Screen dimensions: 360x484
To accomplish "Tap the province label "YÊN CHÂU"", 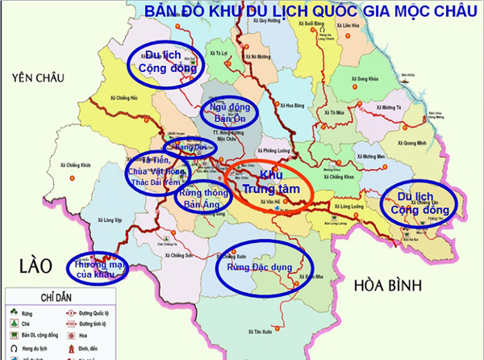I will [x=34, y=77].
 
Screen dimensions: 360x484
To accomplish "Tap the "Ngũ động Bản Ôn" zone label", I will [x=227, y=113].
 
